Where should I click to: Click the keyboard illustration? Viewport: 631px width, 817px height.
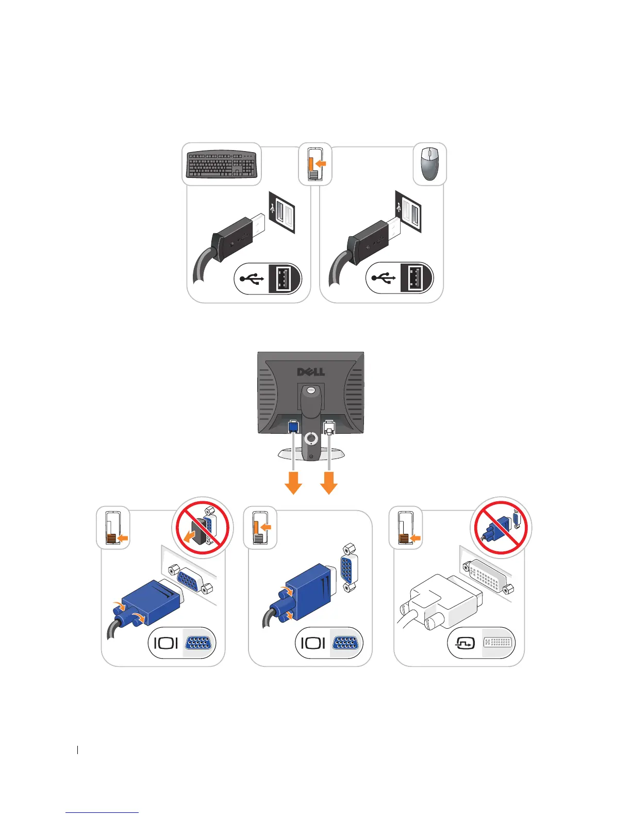coord(222,164)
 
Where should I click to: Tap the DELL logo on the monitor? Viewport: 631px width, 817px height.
coord(311,372)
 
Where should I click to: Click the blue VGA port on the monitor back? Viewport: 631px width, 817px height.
coord(293,427)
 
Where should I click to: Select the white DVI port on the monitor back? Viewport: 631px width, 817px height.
coord(328,428)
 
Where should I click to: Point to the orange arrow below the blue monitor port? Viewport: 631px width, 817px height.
coord(293,483)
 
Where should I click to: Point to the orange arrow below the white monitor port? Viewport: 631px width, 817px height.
coord(329,483)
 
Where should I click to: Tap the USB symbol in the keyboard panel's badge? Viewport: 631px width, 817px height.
coord(251,279)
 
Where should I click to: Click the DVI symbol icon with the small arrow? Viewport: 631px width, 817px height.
coord(465,643)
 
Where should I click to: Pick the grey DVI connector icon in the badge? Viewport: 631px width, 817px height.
coord(498,643)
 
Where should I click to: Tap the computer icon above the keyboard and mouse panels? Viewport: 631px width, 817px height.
coord(315,164)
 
